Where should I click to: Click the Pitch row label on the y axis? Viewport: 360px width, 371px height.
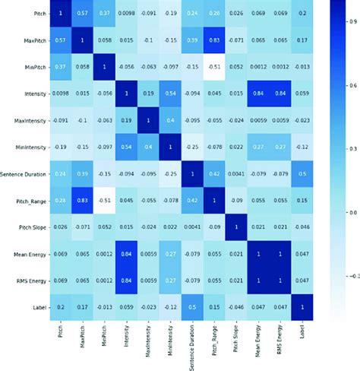38,14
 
